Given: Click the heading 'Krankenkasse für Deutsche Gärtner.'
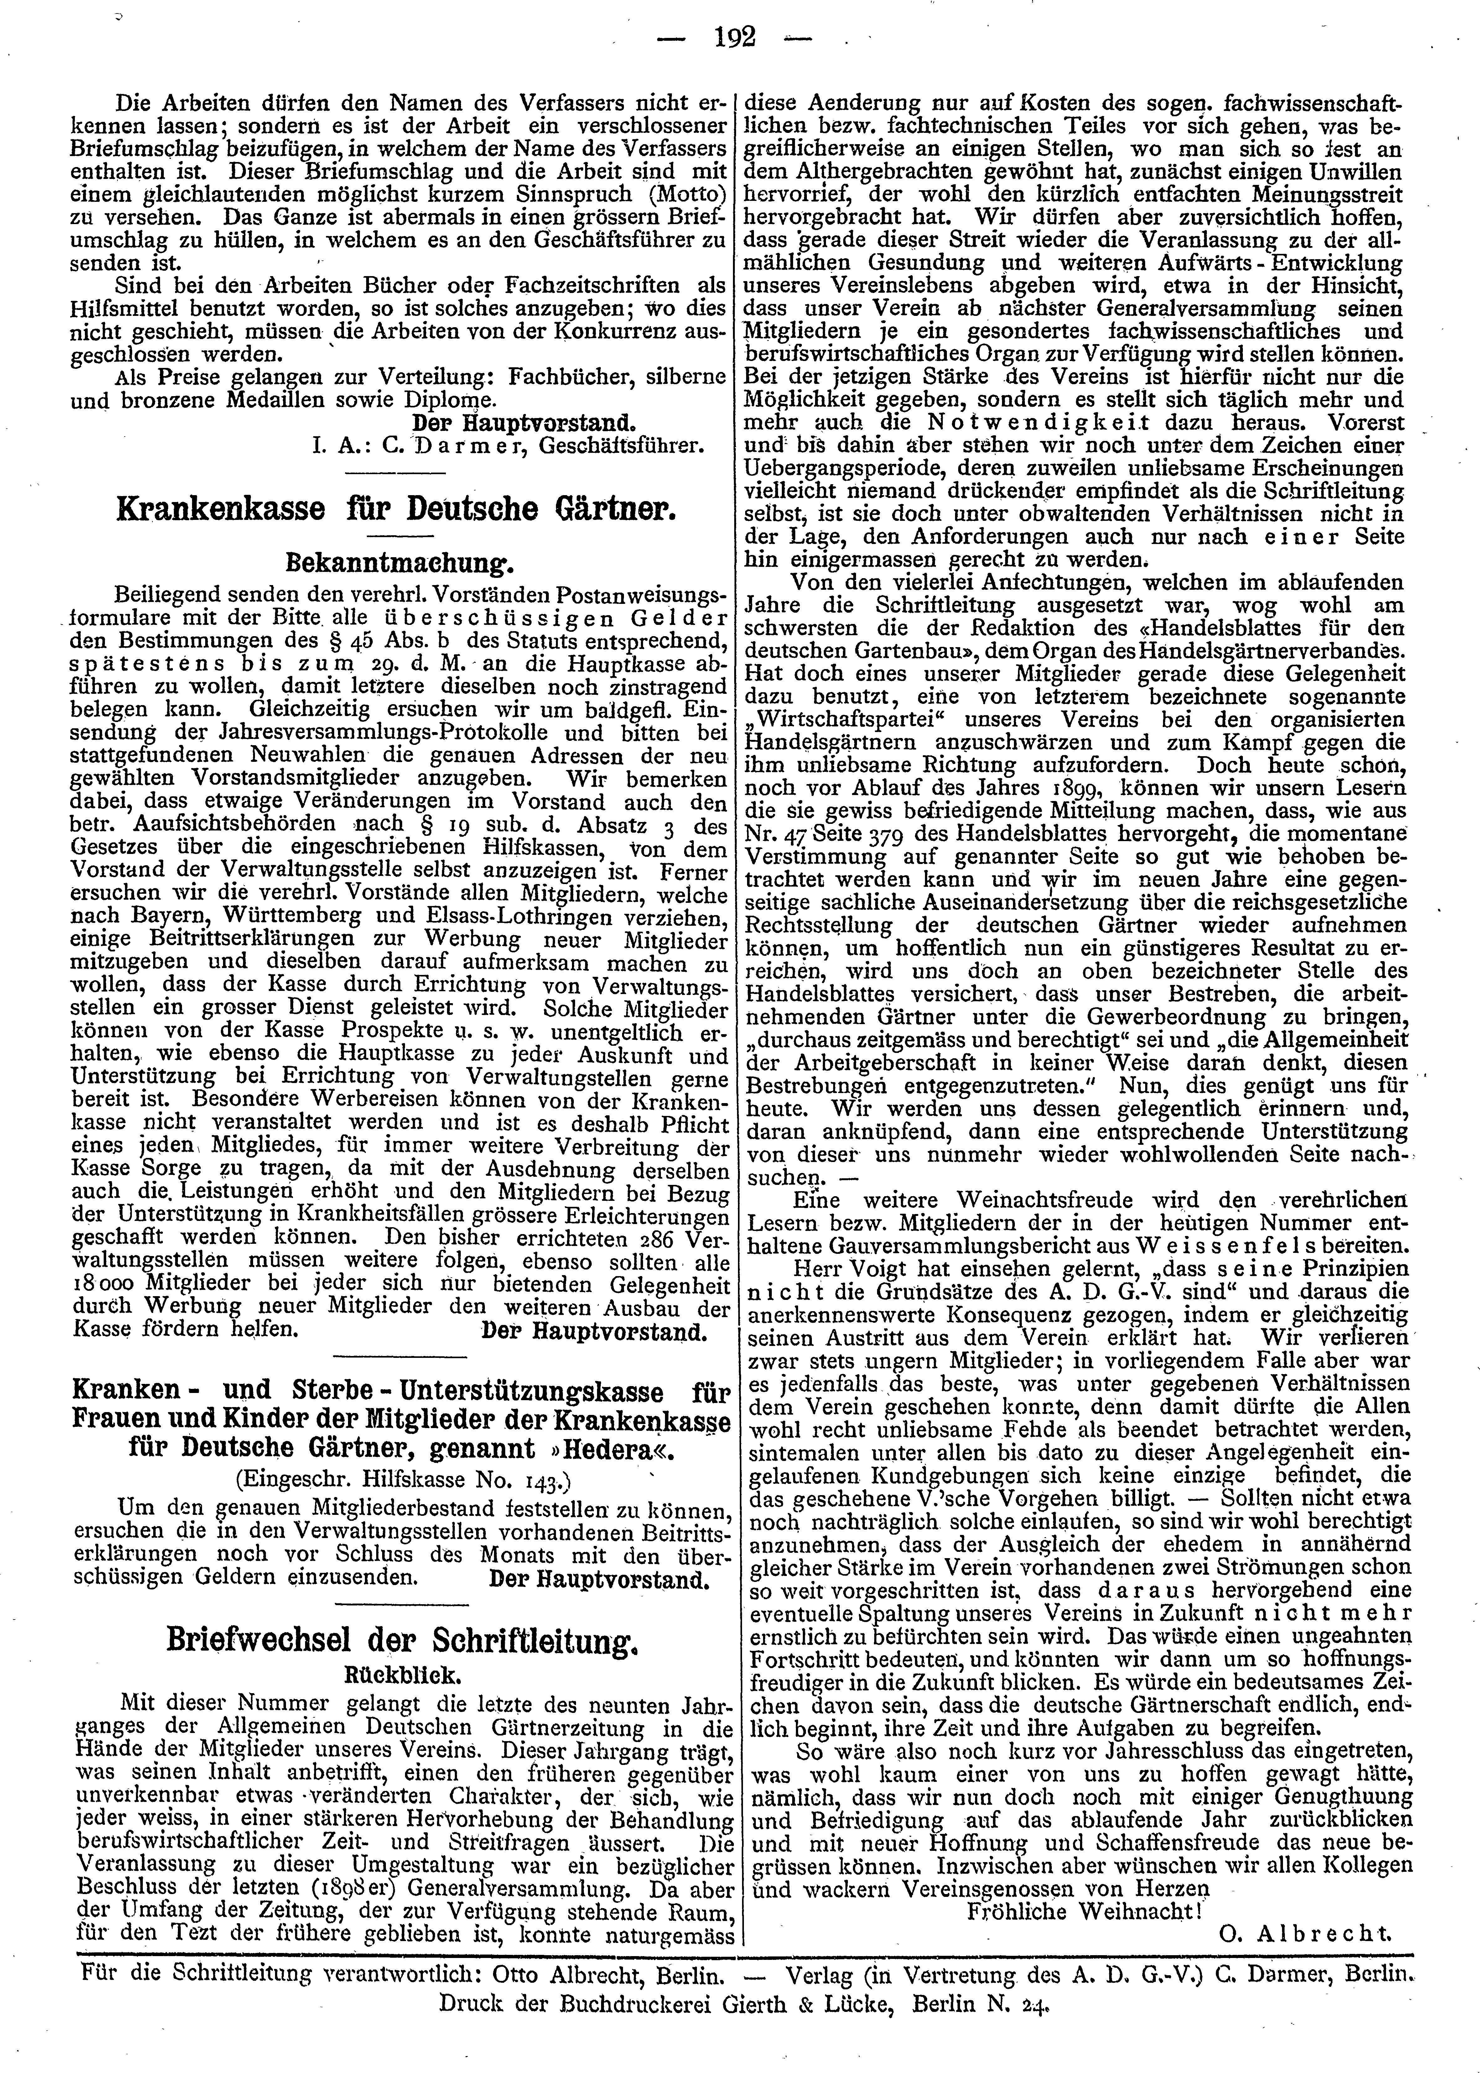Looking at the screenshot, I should coord(397,509).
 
